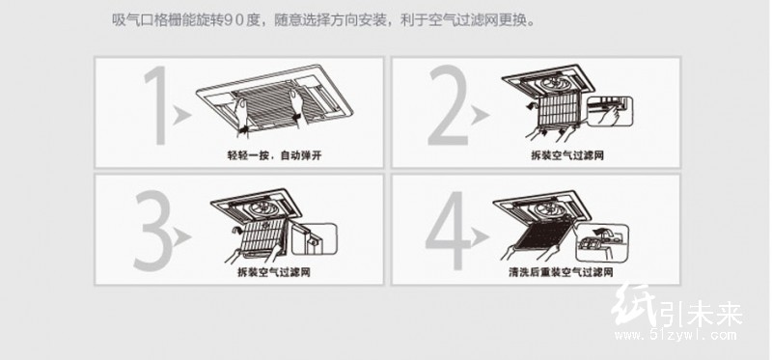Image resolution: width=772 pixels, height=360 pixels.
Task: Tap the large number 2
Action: click(448, 106)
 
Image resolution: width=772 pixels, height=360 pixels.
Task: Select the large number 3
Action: click(153, 230)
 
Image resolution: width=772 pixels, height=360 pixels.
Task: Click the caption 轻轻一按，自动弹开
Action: click(274, 155)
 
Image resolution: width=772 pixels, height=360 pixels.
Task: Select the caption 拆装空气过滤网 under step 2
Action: click(567, 155)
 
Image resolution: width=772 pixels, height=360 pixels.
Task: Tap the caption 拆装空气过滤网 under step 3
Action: click(274, 272)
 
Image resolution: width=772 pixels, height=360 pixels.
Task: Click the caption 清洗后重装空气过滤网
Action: click(561, 272)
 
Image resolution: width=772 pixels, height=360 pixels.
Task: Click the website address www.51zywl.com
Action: click(675, 336)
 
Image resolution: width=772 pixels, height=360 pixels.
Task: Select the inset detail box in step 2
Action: click(609, 112)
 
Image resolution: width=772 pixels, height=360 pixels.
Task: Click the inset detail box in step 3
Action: click(314, 238)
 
